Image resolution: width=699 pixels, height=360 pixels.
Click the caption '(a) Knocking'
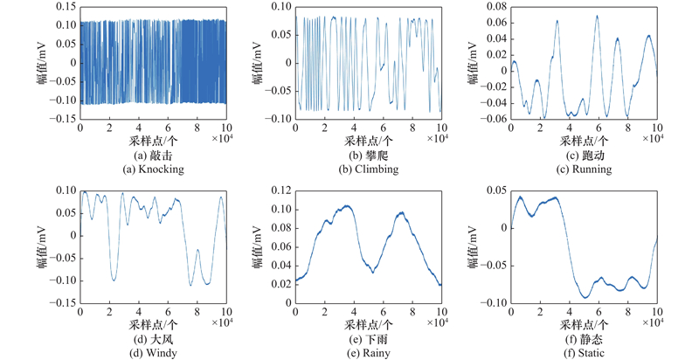point(153,170)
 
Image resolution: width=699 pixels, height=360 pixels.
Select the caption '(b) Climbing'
point(368,170)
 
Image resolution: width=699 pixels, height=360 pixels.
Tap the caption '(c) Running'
point(584,170)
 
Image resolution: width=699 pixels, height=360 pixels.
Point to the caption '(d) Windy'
point(153,353)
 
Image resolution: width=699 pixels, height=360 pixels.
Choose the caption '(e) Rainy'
point(368,353)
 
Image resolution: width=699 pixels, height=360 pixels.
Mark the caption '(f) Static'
point(584,353)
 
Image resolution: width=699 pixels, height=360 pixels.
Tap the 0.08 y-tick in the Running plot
point(495,6)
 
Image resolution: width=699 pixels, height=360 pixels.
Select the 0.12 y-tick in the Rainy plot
point(280,190)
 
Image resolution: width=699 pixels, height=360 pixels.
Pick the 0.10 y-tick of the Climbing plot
point(280,6)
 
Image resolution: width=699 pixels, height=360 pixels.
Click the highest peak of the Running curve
point(598,16)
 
